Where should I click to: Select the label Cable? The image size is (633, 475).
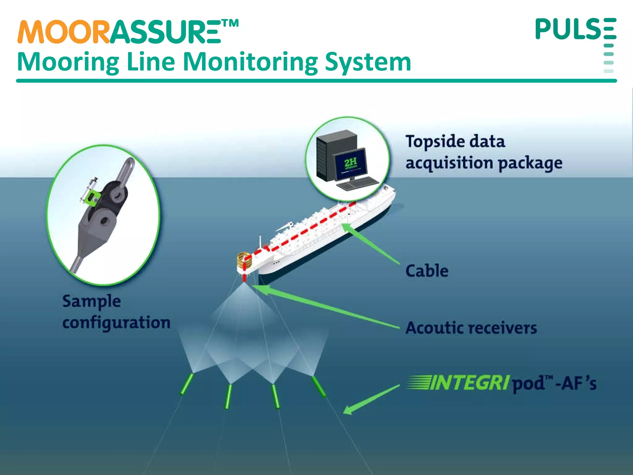[x=427, y=271]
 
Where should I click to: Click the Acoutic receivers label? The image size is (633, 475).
[x=471, y=328]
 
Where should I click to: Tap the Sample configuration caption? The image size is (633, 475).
[x=116, y=312]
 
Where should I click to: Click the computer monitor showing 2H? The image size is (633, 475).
[x=350, y=165]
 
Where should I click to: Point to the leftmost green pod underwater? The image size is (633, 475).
[x=187, y=384]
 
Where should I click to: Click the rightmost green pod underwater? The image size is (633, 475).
[x=319, y=387]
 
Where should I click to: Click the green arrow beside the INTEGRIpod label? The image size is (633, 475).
[x=371, y=399]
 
